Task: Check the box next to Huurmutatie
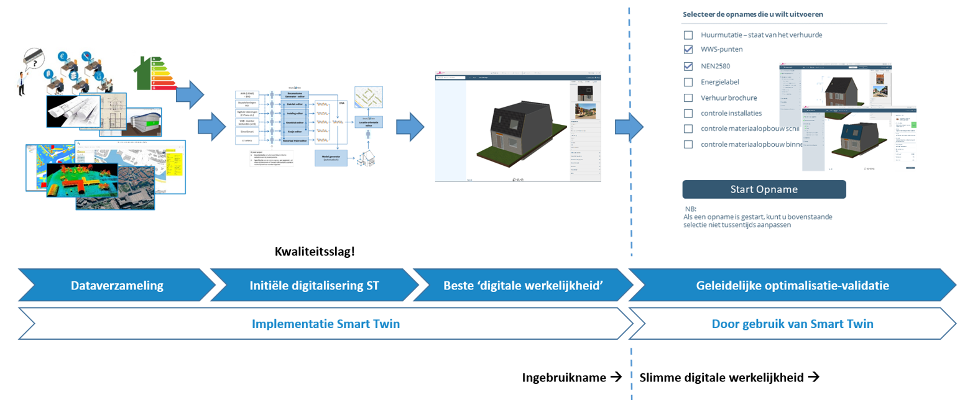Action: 688,35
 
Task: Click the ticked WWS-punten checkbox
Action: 688,50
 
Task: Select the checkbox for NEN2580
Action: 688,66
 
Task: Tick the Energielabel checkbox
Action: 688,82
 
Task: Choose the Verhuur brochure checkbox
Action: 688,98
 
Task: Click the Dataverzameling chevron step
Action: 117,286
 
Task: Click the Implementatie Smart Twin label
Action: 326,324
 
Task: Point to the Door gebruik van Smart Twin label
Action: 792,324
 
